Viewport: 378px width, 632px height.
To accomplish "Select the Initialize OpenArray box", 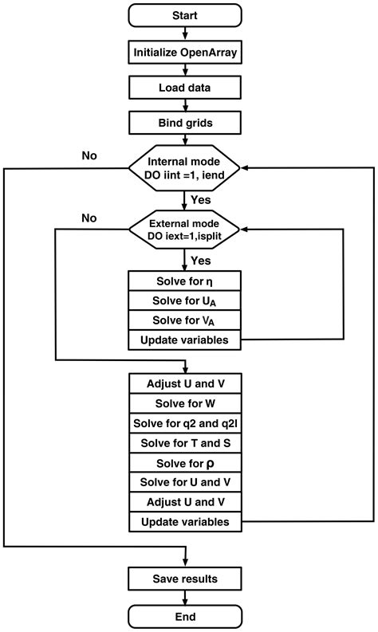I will pyautogui.click(x=185, y=53).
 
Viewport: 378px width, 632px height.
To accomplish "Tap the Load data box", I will pyautogui.click(x=185, y=88).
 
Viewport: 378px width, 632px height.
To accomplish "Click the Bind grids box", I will pyautogui.click(x=185, y=124).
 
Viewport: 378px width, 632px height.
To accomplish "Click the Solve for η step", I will pyautogui.click(x=185, y=282).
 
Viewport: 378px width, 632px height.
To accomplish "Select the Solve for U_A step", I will pyautogui.click(x=185, y=302).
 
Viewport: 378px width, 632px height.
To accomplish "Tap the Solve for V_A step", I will pyautogui.click(x=185, y=322).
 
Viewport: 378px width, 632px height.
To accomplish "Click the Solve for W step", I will pyautogui.click(x=185, y=402).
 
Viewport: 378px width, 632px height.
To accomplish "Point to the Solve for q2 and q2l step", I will pyautogui.click(x=185, y=422).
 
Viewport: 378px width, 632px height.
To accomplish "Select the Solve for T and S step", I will pyautogui.click(x=185, y=442).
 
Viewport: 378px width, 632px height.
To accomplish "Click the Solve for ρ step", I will pyautogui.click(x=185, y=462).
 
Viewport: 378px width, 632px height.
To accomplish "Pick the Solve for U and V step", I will pyautogui.click(x=185, y=482).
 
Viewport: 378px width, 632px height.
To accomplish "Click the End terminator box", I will pyautogui.click(x=185, y=616).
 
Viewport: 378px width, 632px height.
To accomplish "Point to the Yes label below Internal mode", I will pyautogui.click(x=200, y=199).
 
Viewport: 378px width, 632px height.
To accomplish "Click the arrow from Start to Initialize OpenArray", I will pyautogui.click(x=185, y=33).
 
